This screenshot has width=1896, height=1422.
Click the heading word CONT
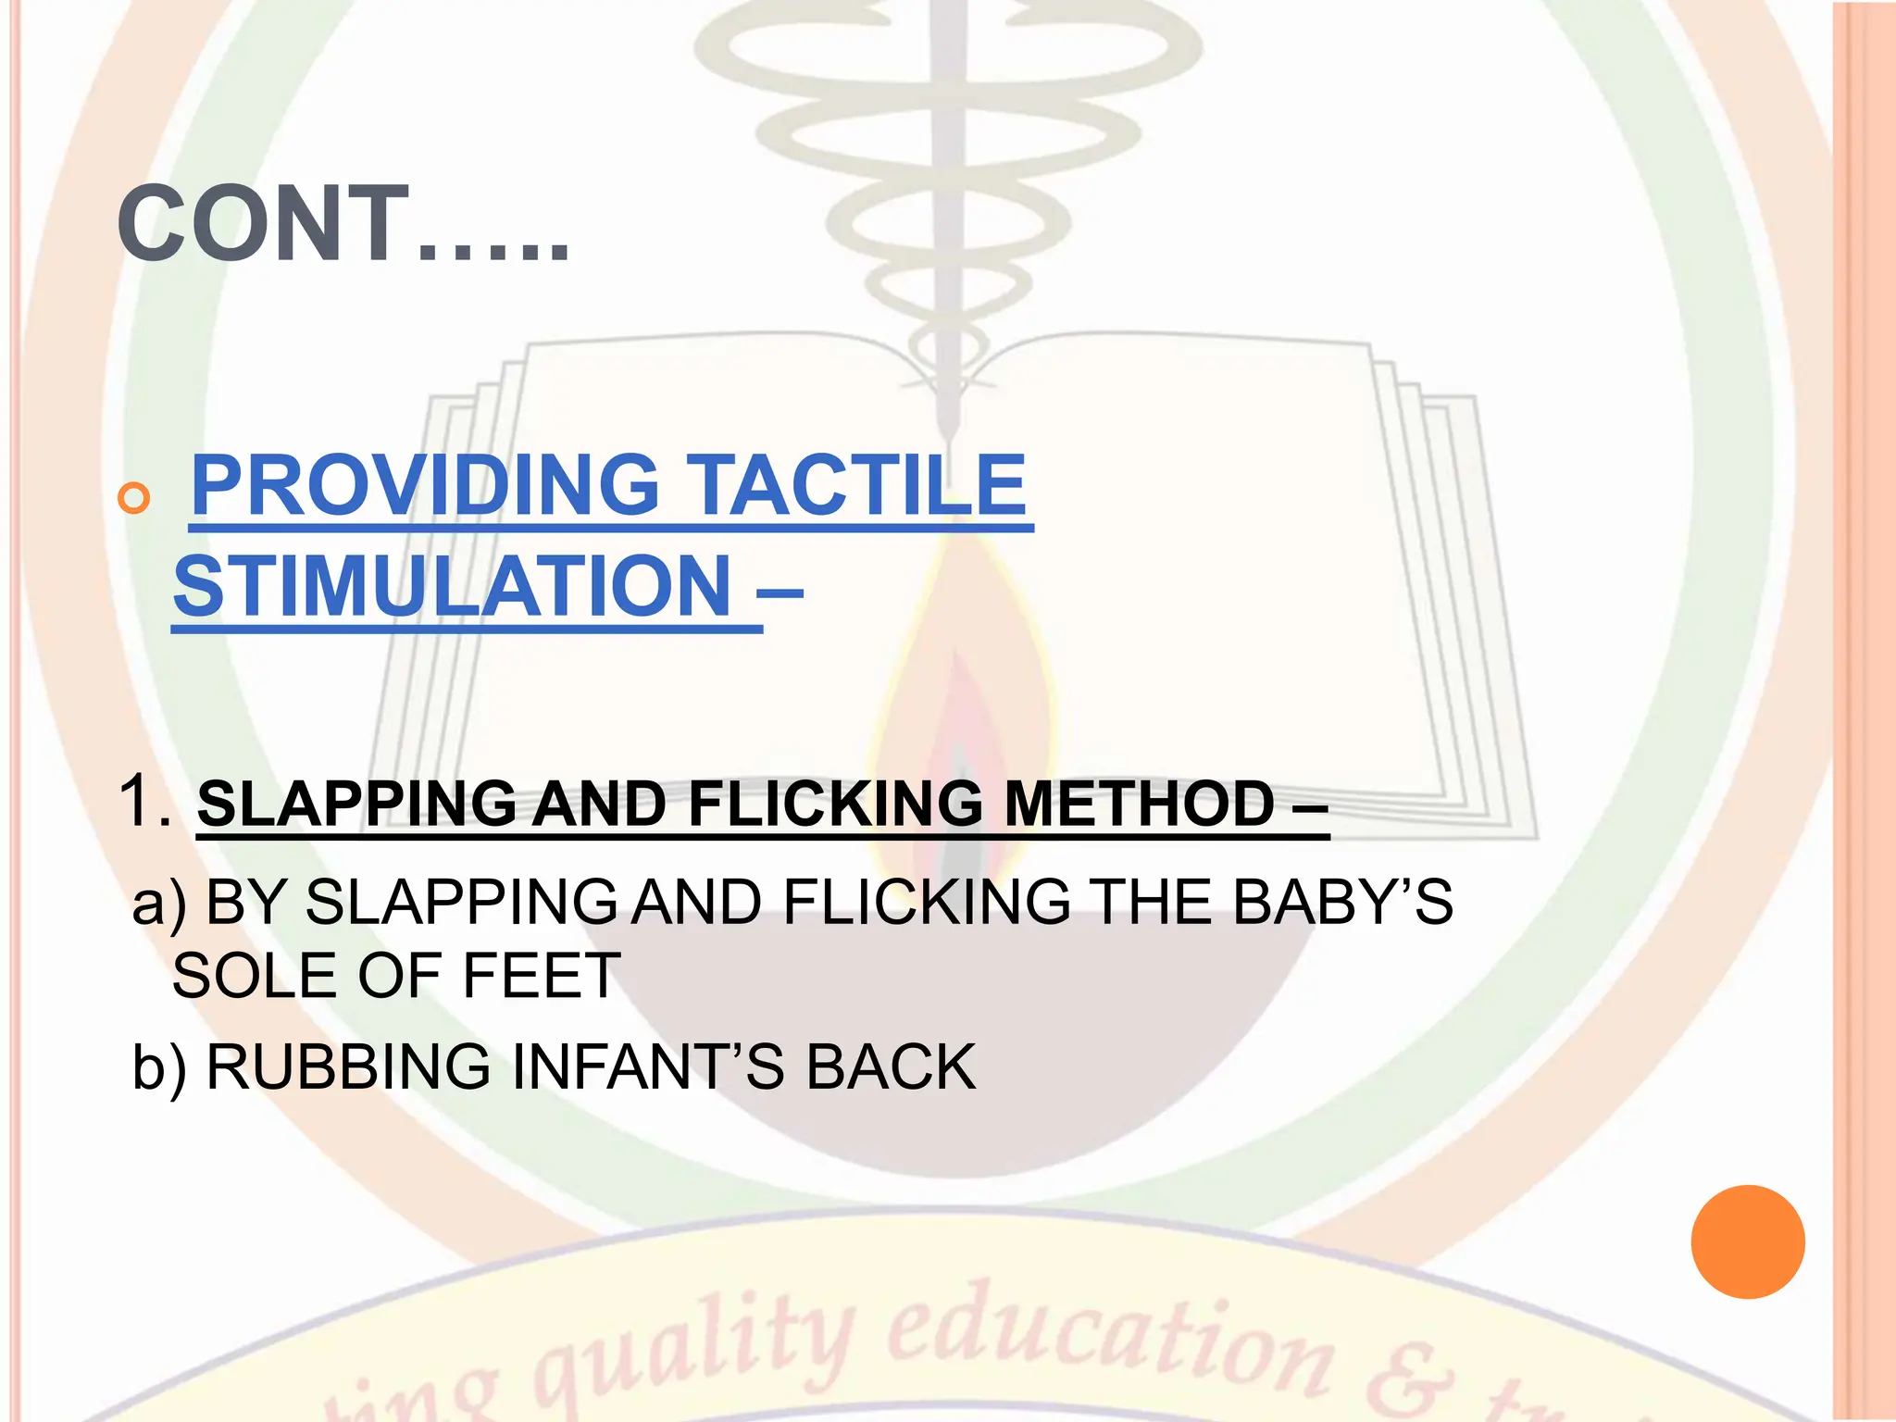[x=265, y=224]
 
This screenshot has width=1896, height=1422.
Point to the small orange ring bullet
[x=134, y=498]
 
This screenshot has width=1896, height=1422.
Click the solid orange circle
[x=1747, y=1241]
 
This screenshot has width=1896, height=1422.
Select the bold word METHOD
[x=1140, y=803]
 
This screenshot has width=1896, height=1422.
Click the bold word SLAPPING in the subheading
[x=356, y=803]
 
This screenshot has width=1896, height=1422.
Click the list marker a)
[x=159, y=903]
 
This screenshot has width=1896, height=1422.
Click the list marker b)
[x=159, y=1067]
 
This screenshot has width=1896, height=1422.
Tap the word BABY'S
[x=1343, y=902]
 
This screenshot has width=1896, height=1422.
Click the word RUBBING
[x=348, y=1066]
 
